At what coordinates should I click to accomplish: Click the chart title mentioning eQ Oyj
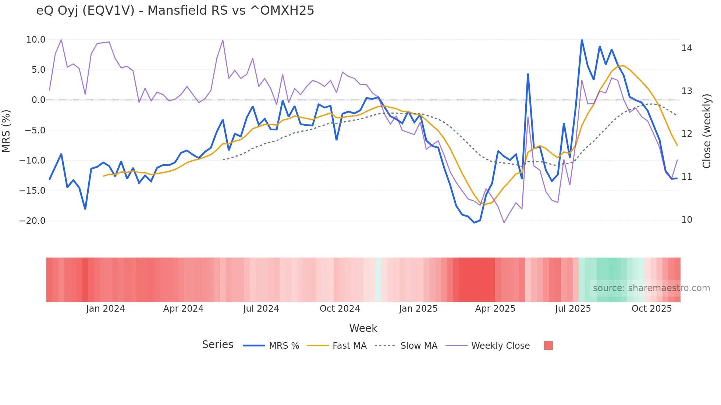click(x=175, y=11)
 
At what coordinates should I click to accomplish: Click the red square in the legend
click(x=548, y=345)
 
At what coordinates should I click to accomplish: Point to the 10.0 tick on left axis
click(x=36, y=40)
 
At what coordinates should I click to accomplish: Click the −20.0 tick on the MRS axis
click(x=32, y=221)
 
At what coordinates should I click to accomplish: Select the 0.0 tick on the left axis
click(x=38, y=100)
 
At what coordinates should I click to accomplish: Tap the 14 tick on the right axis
click(x=686, y=48)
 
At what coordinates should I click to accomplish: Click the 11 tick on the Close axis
click(x=686, y=177)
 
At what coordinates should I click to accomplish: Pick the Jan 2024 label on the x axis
click(x=106, y=309)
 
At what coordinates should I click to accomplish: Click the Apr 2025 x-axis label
click(x=495, y=309)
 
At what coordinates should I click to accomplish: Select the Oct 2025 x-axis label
click(x=651, y=309)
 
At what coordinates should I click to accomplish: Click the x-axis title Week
click(x=363, y=328)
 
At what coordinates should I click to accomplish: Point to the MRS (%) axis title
click(x=6, y=131)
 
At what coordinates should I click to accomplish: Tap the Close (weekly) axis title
click(x=707, y=131)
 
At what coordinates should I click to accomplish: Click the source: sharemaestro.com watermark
click(x=651, y=288)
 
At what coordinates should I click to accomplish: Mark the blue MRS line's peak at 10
click(x=582, y=40)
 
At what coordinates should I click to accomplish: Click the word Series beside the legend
click(x=217, y=345)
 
